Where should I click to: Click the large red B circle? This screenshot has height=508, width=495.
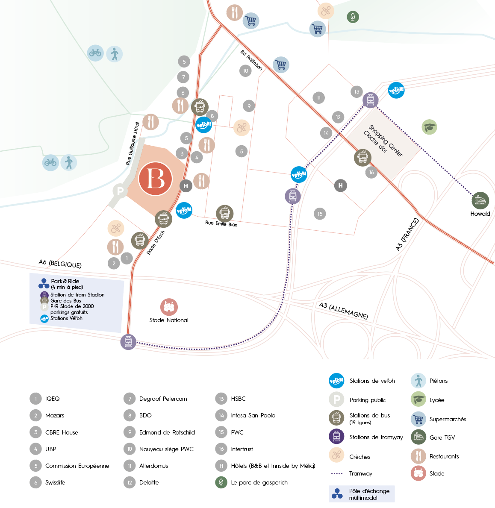tap(155, 179)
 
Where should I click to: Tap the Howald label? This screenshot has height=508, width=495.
tap(480, 214)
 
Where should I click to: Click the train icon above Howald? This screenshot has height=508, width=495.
tap(480, 200)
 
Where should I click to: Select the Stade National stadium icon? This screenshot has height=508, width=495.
tap(169, 307)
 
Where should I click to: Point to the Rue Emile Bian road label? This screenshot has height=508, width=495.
tap(221, 223)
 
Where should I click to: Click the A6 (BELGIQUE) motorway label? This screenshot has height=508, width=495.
tap(60, 264)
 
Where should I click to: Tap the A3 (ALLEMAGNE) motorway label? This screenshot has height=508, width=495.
tap(343, 311)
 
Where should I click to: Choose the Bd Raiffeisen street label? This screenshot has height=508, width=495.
tap(251, 60)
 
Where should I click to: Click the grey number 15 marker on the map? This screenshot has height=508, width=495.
tap(320, 214)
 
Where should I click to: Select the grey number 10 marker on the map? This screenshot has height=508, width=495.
tap(245, 71)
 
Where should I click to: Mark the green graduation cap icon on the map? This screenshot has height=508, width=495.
tap(429, 127)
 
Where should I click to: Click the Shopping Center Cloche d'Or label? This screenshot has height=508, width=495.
tap(383, 140)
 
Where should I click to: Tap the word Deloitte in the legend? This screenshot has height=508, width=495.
tap(149, 482)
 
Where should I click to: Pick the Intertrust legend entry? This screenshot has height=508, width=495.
tap(242, 449)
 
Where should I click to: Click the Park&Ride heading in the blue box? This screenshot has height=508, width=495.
tap(65, 281)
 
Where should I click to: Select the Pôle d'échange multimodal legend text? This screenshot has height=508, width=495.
tap(369, 494)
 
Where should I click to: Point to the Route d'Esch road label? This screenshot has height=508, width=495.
tap(156, 243)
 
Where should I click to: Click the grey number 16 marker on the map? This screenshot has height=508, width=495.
tap(371, 173)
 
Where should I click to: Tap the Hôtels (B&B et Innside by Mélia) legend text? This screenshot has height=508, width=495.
tap(273, 466)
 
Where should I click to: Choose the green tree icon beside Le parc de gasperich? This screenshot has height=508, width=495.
tap(221, 482)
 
